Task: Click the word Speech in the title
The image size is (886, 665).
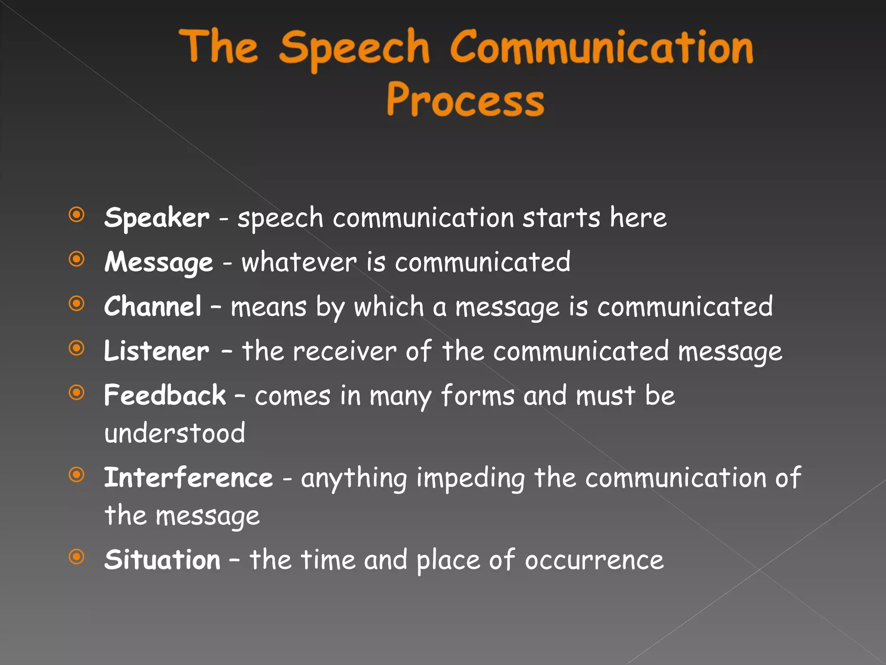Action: point(354,48)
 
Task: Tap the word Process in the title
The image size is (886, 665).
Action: point(465,100)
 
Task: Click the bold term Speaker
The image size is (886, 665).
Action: point(157,218)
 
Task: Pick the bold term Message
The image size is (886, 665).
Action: point(159,263)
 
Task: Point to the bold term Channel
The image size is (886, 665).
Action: point(153,307)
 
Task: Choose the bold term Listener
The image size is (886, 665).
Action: point(157,351)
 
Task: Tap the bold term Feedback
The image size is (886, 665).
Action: point(165,395)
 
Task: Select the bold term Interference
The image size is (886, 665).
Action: point(189,478)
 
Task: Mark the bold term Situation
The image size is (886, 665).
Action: point(163,560)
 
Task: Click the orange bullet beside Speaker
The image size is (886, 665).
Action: point(77,215)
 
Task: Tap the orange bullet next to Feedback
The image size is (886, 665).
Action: point(77,393)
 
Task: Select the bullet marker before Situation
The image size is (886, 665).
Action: point(77,557)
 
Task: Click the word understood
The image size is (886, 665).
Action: point(175,433)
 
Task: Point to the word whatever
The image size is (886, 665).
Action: point(299,262)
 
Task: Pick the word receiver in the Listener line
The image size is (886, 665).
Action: point(344,351)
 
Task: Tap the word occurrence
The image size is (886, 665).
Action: point(594,560)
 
